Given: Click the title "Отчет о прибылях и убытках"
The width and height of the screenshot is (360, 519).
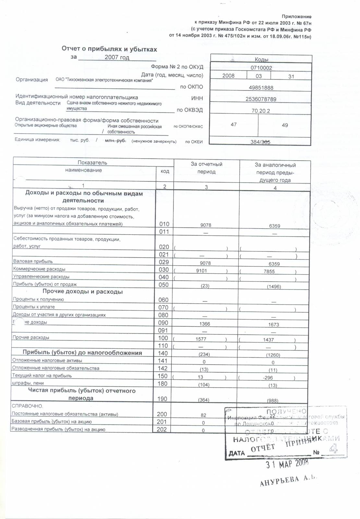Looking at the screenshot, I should click(x=109, y=49).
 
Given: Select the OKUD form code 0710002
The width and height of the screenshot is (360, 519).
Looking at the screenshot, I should click(x=261, y=68).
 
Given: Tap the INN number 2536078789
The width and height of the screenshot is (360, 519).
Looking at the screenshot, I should click(x=261, y=99).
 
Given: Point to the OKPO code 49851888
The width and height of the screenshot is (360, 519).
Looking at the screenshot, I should click(x=261, y=88).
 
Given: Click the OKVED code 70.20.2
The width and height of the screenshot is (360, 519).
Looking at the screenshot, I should click(x=261, y=111).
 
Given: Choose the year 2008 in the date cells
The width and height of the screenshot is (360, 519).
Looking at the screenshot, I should click(x=228, y=76).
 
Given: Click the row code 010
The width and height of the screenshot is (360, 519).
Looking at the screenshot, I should click(x=164, y=224).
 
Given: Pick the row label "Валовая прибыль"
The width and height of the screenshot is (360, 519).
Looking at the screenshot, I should click(x=33, y=261).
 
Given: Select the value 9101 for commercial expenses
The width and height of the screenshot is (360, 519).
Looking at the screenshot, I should click(x=201, y=271).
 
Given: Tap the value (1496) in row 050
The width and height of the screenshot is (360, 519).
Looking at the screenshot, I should click(x=274, y=286).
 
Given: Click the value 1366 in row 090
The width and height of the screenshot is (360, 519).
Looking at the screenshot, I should click(x=205, y=324).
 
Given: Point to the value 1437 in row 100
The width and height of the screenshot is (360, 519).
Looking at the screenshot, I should click(x=269, y=340).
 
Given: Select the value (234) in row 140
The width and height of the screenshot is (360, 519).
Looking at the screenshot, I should click(x=204, y=354).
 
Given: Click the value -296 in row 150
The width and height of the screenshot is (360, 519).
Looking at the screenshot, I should click(x=268, y=378).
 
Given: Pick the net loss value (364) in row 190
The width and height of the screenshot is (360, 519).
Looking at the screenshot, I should click(x=204, y=400).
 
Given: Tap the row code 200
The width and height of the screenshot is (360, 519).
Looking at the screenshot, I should click(x=162, y=414).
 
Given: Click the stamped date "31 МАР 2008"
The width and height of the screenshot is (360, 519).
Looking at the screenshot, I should click(x=287, y=464).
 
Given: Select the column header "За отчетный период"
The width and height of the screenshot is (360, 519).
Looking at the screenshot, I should click(x=207, y=168).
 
